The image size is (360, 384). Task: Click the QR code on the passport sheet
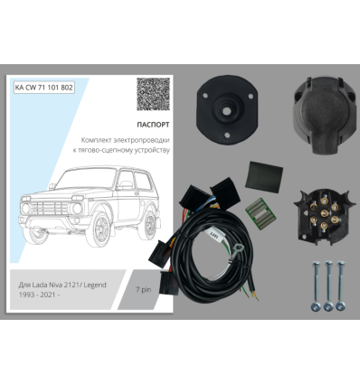tap(153, 94)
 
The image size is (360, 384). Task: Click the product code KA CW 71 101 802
tap(44, 88)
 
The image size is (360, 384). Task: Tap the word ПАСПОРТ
tap(153, 125)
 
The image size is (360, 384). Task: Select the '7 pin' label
tap(143, 290)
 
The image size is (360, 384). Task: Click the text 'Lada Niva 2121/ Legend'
tap(69, 285)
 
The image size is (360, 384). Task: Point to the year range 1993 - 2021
tap(37, 295)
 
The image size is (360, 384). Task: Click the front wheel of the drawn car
tap(99, 229)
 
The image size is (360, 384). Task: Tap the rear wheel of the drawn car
tap(150, 224)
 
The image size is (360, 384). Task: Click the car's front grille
tap(49, 208)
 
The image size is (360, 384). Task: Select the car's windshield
tap(85, 179)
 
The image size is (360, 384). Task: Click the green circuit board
tap(261, 214)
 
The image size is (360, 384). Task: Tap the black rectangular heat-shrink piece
tap(264, 177)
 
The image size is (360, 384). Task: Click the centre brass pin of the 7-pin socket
tap(324, 213)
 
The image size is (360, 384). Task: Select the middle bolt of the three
tap(328, 286)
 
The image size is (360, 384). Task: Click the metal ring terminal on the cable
tap(239, 250)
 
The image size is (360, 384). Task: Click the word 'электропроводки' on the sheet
tap(142, 140)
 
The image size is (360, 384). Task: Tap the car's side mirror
tap(125, 184)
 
